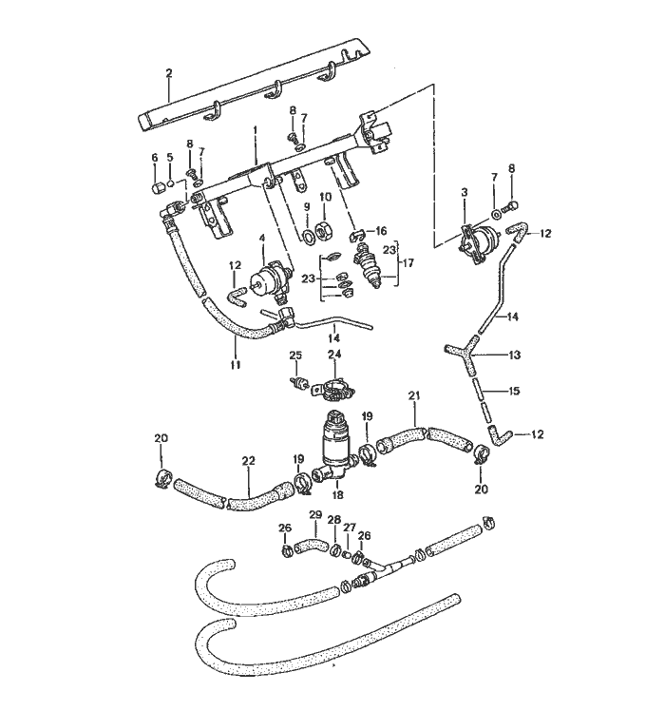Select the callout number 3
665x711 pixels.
point(464,192)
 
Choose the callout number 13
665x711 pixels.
point(515,355)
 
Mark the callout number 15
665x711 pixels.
point(515,391)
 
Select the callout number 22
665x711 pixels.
point(248,461)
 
